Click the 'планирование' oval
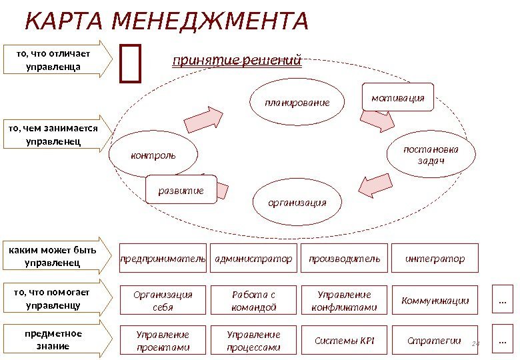[x=297, y=103]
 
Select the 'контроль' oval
[x=153, y=155]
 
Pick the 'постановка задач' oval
[x=431, y=155]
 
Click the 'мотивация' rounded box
[x=397, y=97]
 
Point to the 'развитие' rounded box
[x=181, y=190]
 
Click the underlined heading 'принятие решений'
[x=237, y=61]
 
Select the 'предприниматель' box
[x=163, y=259]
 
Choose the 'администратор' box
[x=254, y=259]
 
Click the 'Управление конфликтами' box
[x=345, y=301]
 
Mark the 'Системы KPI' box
[x=345, y=341]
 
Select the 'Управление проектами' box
[x=163, y=341]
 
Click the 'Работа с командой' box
[x=254, y=301]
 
